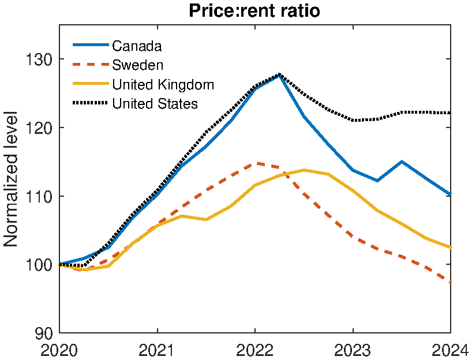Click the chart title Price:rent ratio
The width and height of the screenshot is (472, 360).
pos(254,11)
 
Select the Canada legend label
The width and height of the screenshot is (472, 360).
pos(137,46)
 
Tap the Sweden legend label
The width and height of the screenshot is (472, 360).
pos(137,65)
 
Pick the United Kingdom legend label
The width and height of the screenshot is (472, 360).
pos(163,84)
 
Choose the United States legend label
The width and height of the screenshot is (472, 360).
pos(155,104)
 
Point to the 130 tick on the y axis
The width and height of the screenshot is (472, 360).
pos(39,59)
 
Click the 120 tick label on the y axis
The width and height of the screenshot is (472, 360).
pos(39,127)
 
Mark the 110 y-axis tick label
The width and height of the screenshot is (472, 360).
pos(39,196)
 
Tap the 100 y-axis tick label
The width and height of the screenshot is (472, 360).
pos(39,265)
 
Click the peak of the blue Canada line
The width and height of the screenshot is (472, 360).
pos(279,74)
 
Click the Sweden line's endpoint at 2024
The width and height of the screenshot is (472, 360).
pos(450,282)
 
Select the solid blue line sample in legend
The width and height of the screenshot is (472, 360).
pos(90,46)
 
